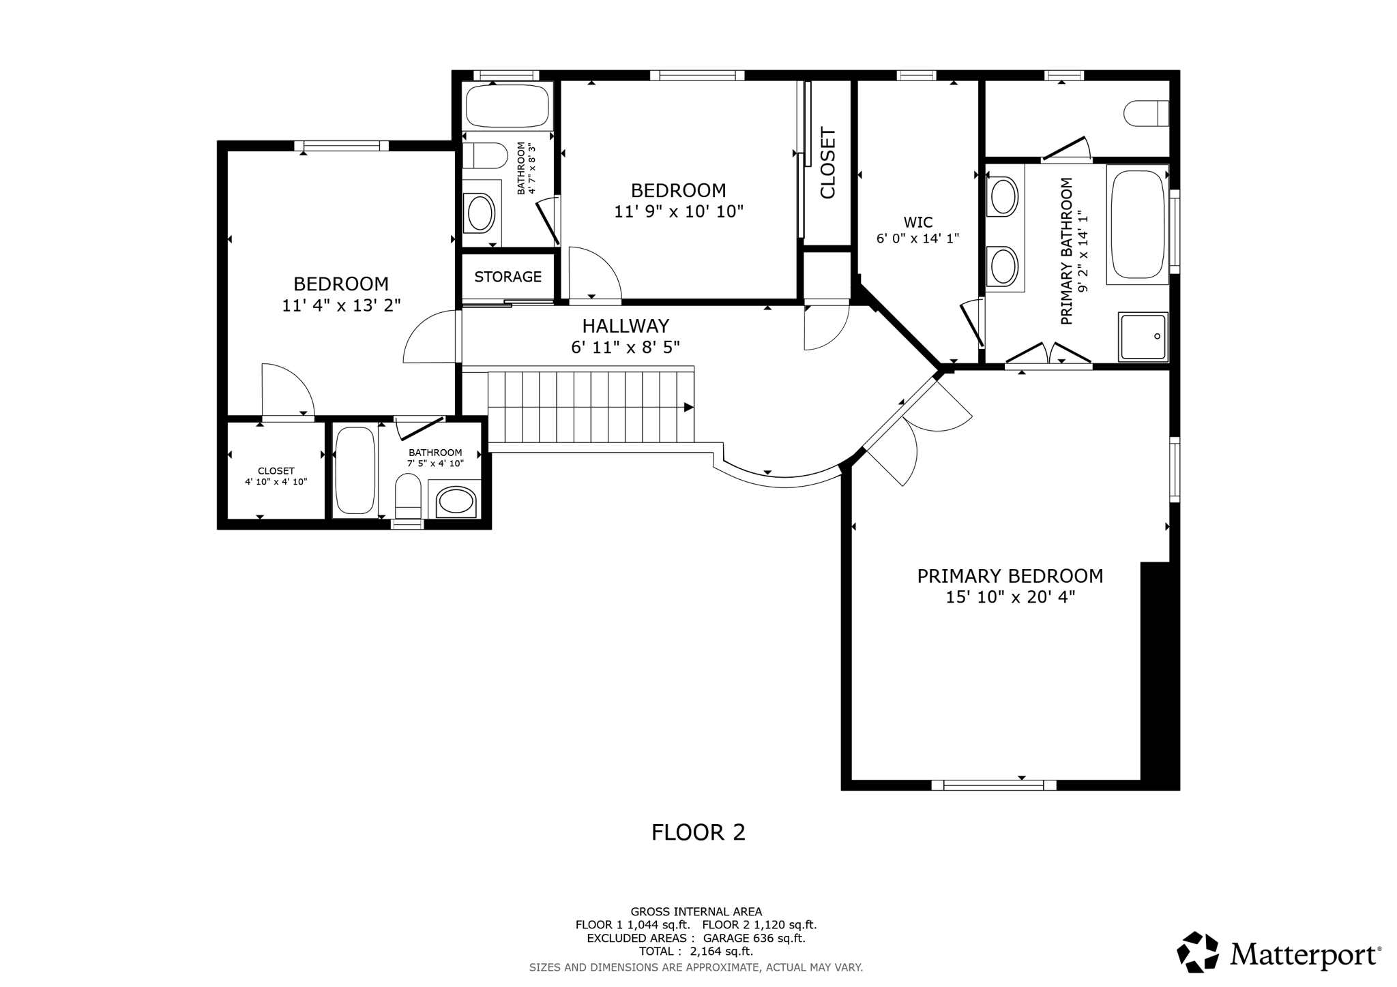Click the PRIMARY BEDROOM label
1010,576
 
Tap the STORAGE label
508,277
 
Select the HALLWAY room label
626,326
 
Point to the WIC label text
917,222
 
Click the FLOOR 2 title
698,832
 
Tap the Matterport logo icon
1198,952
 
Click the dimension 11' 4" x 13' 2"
341,305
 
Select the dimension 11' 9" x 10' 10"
679,211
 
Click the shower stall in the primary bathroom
1143,337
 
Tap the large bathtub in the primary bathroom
1138,224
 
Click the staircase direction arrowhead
689,408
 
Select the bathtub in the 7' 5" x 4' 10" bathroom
355,470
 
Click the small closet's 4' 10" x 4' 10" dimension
276,482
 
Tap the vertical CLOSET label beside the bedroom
827,163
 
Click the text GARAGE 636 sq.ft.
754,938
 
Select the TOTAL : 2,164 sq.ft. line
696,952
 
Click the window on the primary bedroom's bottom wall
994,785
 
